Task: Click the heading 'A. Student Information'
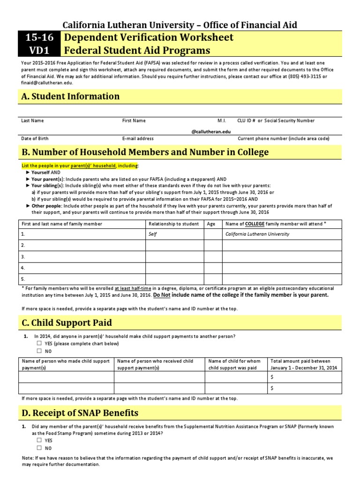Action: point(70,97)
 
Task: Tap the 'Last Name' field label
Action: point(32,120)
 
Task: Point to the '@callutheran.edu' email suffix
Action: point(211,132)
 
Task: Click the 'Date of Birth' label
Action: point(35,139)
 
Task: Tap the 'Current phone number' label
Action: point(284,139)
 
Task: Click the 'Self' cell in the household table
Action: point(153,234)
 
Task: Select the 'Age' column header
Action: point(211,224)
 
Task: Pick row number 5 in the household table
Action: point(23,278)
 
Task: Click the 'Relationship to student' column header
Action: point(173,224)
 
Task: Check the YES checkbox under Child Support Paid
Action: point(39,344)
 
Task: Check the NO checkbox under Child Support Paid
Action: point(39,351)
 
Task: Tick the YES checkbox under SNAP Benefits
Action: point(39,441)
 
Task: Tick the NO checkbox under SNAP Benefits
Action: point(39,448)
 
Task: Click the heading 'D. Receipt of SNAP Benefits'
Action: point(80,413)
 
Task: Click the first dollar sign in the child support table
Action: point(272,377)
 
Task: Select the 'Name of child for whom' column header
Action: point(234,361)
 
